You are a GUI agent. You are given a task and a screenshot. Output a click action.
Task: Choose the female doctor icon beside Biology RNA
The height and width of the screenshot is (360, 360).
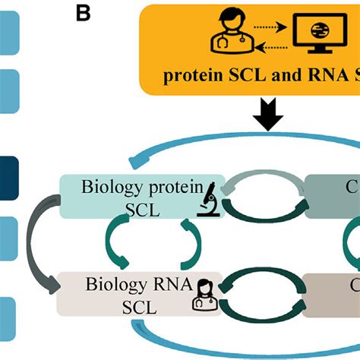[206, 293]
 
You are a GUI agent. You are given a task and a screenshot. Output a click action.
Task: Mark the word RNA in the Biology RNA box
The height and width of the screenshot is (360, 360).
[165, 286]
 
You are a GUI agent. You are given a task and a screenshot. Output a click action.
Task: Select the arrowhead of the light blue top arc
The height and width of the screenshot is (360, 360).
[137, 162]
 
